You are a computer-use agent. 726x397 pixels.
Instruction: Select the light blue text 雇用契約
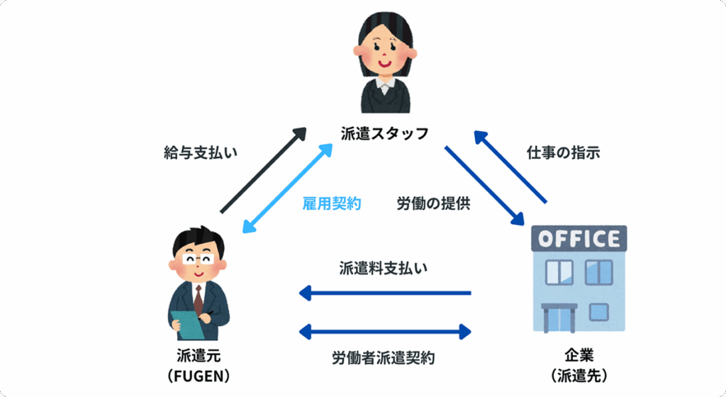[332, 204]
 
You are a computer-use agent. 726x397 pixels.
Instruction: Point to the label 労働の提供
[433, 204]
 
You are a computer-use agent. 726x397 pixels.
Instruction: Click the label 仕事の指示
[564, 152]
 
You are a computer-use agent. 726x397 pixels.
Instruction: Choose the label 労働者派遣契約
[384, 357]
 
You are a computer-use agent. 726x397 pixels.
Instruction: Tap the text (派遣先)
[579, 374]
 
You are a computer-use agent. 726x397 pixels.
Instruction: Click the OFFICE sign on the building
[579, 238]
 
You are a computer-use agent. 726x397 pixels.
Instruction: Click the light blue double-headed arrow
[288, 188]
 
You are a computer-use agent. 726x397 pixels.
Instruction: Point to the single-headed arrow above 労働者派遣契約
[385, 292]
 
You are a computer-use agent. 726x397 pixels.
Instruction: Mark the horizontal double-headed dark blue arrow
[385, 330]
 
